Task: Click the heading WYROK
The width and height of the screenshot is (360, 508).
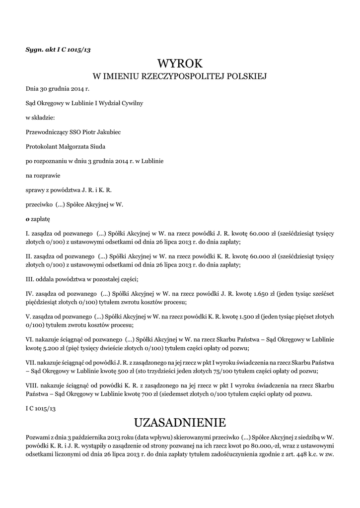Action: tap(180, 63)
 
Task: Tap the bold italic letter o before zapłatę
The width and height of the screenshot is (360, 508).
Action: tap(27, 218)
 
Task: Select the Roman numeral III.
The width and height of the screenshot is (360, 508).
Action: tap(30, 278)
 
